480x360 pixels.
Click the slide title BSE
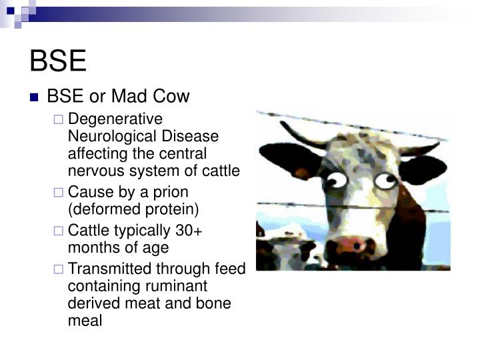(58, 61)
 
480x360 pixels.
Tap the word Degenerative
(115, 119)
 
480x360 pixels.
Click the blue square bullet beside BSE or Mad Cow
(35, 98)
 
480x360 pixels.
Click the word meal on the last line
(85, 321)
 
